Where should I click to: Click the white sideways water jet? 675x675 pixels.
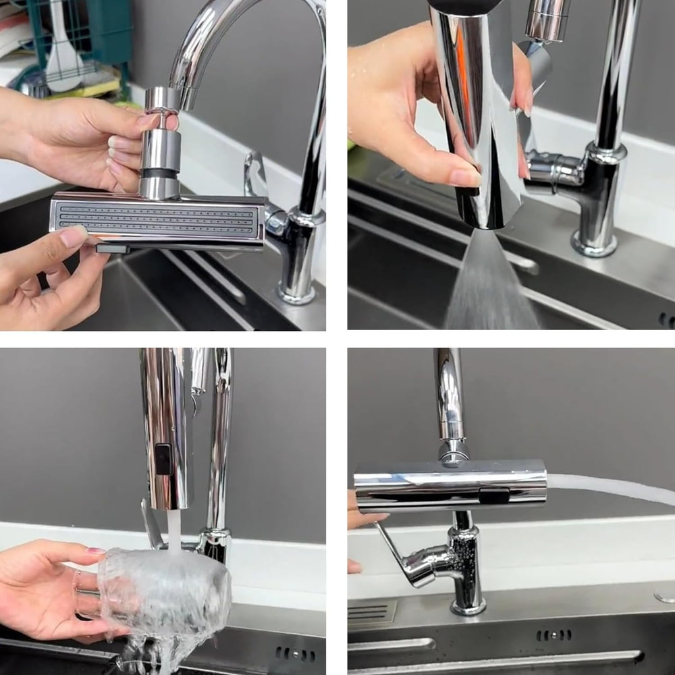(607, 487)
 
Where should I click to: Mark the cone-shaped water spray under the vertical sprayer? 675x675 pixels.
(493, 283)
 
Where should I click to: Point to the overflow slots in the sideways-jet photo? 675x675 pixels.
(553, 635)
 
